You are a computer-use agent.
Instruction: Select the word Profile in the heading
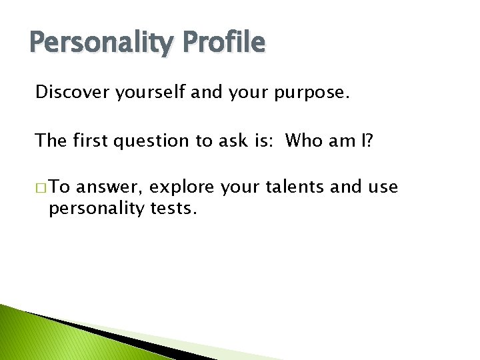click(226, 43)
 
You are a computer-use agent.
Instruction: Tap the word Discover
click(72, 92)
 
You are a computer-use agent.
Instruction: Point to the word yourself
click(151, 93)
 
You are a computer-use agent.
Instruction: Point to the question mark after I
click(368, 141)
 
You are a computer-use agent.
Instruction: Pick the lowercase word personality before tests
click(96, 209)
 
